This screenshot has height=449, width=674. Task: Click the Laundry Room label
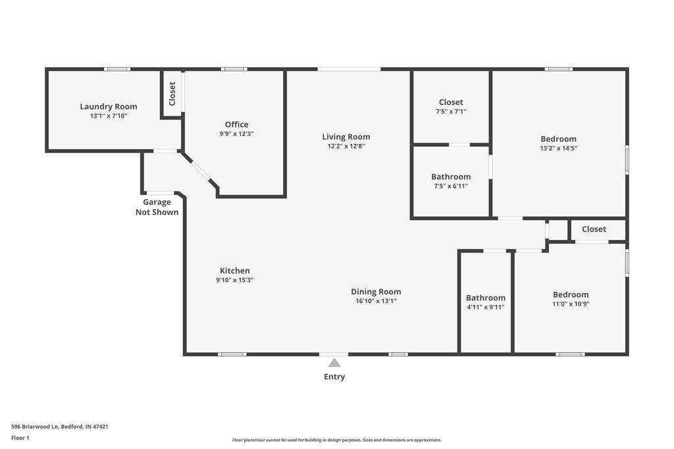[109, 106]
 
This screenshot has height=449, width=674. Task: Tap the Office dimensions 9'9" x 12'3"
[236, 133]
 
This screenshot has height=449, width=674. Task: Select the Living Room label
[346, 137]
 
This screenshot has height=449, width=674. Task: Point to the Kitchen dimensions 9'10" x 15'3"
[234, 280]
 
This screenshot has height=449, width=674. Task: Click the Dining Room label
[375, 292]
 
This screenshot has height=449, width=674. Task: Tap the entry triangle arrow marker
[334, 363]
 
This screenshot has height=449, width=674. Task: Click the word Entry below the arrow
[334, 377]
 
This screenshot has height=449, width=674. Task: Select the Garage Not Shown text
[157, 207]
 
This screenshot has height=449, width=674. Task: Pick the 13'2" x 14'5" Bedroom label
[558, 139]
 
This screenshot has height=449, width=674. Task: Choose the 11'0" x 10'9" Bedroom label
[571, 295]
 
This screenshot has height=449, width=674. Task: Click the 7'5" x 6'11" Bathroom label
[451, 177]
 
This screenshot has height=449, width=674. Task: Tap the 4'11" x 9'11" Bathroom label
[486, 298]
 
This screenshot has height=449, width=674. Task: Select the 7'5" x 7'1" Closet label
[451, 103]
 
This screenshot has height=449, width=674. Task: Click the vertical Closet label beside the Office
[172, 93]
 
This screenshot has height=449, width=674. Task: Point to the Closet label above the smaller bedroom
[594, 229]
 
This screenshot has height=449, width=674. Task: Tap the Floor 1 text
[20, 437]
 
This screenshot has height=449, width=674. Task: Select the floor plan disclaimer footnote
[336, 440]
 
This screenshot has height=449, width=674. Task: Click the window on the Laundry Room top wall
[117, 69]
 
